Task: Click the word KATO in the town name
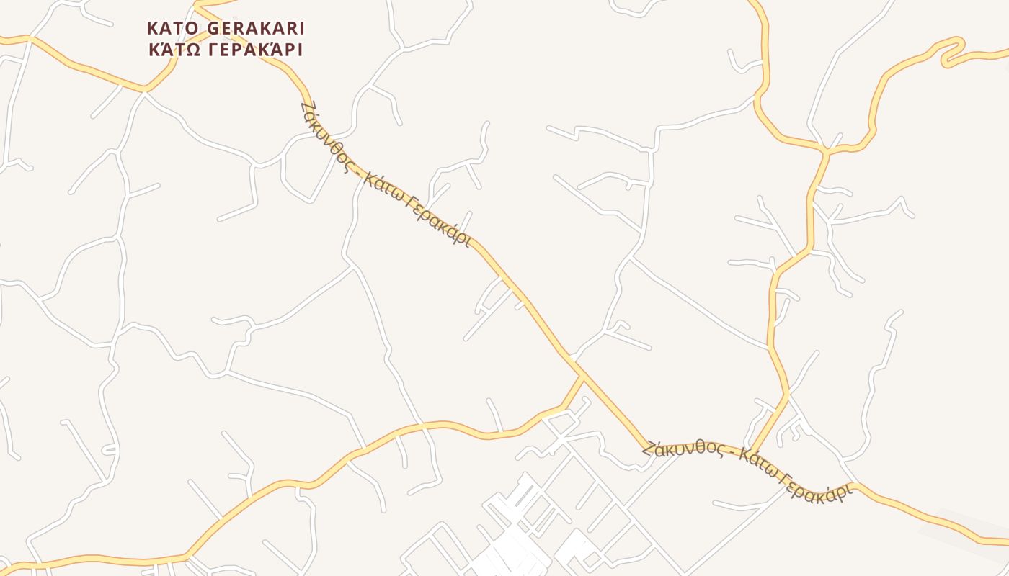point(174,28)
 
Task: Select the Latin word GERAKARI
point(256,28)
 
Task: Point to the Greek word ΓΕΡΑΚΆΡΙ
point(256,50)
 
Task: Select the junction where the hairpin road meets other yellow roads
point(826,150)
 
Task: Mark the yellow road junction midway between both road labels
point(582,376)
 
